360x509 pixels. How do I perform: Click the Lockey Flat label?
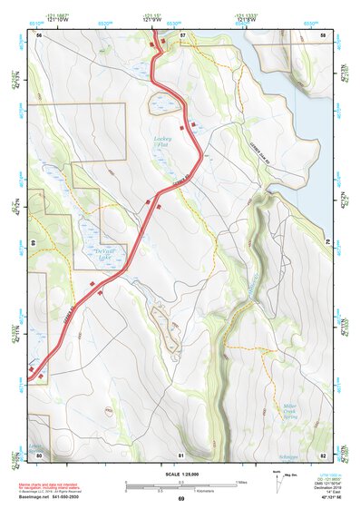pyautogui.click(x=163, y=142)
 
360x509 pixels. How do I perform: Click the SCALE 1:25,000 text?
pyautogui.click(x=180, y=473)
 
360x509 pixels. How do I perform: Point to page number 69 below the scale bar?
pyautogui.click(x=180, y=499)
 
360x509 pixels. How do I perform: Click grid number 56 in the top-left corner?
pyautogui.click(x=39, y=34)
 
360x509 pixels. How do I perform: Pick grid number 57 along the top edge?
pyautogui.click(x=182, y=34)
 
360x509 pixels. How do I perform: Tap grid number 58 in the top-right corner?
pyautogui.click(x=324, y=34)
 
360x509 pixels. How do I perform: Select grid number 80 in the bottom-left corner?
pyautogui.click(x=39, y=454)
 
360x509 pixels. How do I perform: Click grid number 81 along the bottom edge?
pyautogui.click(x=181, y=454)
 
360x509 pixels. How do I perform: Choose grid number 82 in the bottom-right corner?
pyautogui.click(x=324, y=454)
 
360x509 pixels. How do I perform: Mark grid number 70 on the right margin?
pyautogui.click(x=328, y=243)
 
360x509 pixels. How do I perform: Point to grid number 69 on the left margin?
pyautogui.click(x=33, y=243)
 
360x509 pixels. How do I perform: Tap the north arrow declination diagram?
pyautogui.click(x=277, y=480)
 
